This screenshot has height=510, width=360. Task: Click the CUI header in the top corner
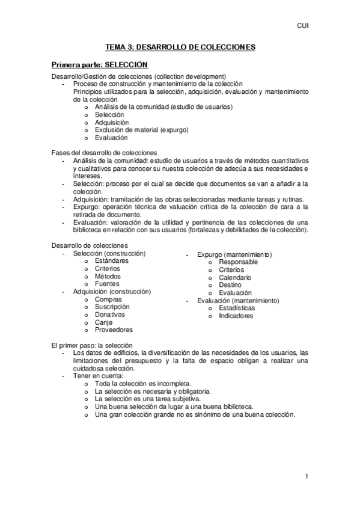[x=303, y=26]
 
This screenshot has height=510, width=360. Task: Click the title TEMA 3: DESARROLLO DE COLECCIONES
[x=180, y=46]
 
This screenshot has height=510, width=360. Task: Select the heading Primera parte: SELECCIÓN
[x=99, y=64]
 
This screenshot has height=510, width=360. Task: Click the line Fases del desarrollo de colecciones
[x=104, y=153]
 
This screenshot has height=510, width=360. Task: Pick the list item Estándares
[x=111, y=261]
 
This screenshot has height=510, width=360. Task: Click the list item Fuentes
[x=107, y=284]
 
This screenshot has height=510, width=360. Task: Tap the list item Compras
[x=108, y=300]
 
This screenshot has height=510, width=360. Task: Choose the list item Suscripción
[x=112, y=307]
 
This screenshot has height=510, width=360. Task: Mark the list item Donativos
[x=110, y=315]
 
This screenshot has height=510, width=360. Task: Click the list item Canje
[x=103, y=322]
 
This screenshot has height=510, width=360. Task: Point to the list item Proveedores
[x=114, y=330]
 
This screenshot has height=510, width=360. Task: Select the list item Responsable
[x=238, y=262]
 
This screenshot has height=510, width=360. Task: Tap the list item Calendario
[x=235, y=278]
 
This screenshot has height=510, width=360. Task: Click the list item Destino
[x=230, y=285]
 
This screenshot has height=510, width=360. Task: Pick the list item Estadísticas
[x=236, y=308]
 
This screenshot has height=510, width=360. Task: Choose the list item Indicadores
[x=236, y=316]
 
